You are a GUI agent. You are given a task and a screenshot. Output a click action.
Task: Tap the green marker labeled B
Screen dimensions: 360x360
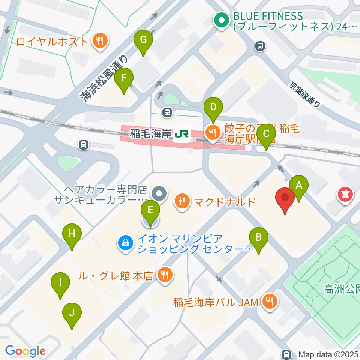[x=259, y=238]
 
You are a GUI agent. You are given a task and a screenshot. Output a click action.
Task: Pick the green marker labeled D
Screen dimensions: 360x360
[x=213, y=107]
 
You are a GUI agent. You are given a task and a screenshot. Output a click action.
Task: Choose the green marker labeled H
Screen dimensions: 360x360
[x=72, y=234]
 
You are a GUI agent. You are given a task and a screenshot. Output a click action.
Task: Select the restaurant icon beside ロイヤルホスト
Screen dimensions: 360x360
[x=100, y=41]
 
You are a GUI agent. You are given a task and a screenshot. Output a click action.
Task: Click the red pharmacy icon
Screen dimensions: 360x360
[x=344, y=194]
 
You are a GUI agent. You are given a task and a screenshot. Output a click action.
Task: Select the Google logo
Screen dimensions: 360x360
[x=25, y=351]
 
